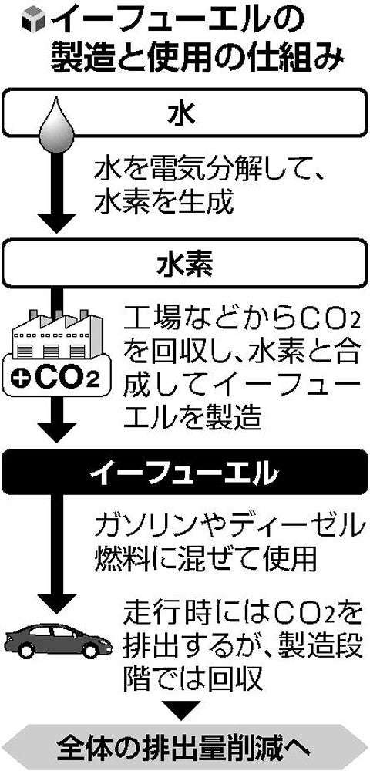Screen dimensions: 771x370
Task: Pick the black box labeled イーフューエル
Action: [x=184, y=469]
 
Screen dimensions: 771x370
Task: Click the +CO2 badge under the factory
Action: [x=56, y=377]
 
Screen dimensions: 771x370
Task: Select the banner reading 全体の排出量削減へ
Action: [x=185, y=746]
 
